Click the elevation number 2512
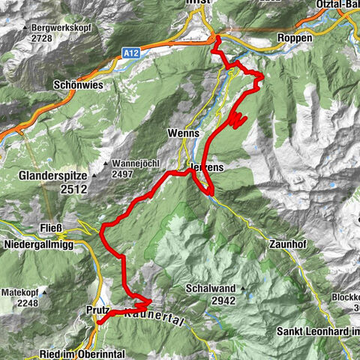[x=73, y=190]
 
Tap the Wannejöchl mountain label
[x=136, y=163]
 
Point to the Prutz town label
[x=97, y=310]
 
